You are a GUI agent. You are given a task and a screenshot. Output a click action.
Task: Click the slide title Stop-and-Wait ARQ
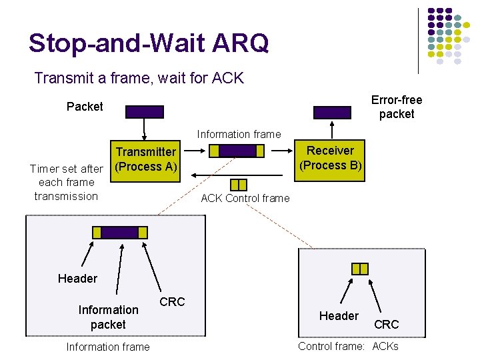pos(149,43)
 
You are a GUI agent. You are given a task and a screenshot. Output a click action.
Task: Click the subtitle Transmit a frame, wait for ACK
pos(139,78)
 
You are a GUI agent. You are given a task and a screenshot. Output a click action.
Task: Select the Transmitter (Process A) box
pos(145,160)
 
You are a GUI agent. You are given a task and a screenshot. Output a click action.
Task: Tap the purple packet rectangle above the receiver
pos(332,111)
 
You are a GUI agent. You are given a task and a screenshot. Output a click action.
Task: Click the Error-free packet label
pos(397,107)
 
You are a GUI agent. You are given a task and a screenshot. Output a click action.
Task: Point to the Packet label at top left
pos(85,107)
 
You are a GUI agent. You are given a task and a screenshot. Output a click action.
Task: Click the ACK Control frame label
pos(245,198)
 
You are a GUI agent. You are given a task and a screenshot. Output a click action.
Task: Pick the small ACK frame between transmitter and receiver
pos(238,185)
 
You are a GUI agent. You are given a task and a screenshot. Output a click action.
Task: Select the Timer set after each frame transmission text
pos(67,182)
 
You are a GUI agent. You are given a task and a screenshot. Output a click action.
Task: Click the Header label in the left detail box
pos(77,278)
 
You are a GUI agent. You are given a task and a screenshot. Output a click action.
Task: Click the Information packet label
pos(108,317)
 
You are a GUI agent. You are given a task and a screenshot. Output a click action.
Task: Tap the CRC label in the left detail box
pos(172,302)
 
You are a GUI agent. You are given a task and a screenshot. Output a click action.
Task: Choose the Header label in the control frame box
pos(339,316)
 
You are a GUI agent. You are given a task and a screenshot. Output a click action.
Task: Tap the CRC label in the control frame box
pos(386,324)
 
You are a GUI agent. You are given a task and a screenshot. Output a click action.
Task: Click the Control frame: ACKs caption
pos(348,346)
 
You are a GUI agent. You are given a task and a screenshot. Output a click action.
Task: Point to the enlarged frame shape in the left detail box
pos(120,232)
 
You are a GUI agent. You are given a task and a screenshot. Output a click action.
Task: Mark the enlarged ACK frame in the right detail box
pos(359,268)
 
